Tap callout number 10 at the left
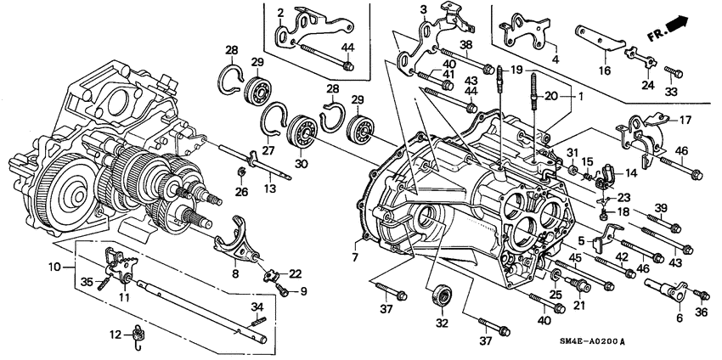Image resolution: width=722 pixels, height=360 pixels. point(54,267)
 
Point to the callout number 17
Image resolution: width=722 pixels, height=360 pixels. point(685,120)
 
